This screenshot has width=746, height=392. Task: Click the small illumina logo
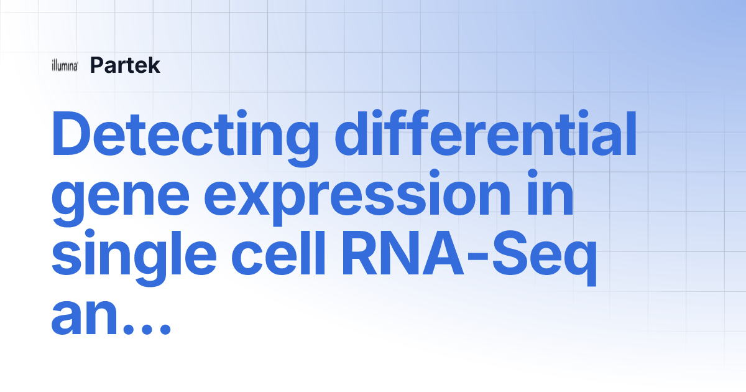(65, 65)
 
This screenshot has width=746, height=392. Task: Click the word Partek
(125, 65)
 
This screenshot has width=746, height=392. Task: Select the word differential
(486, 133)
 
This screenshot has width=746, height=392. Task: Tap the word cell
(278, 252)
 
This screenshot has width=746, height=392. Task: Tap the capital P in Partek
(98, 65)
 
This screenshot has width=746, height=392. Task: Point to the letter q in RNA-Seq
(577, 263)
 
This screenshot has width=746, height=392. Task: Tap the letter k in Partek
(154, 65)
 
